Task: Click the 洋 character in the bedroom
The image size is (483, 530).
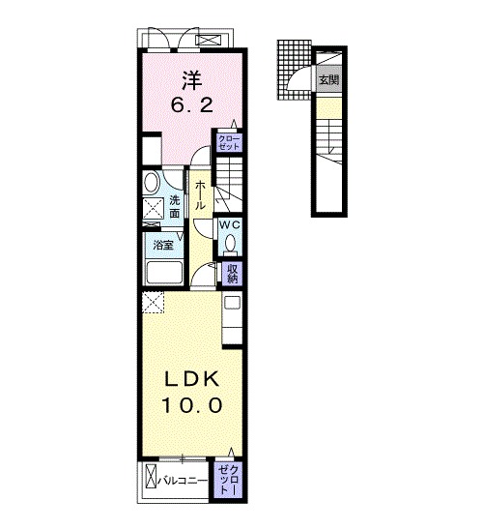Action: click(x=192, y=81)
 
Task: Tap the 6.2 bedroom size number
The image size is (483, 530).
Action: click(x=192, y=105)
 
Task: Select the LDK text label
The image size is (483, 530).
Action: click(x=191, y=379)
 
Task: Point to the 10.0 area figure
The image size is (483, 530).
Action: click(x=192, y=405)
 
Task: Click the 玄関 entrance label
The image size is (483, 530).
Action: click(x=328, y=80)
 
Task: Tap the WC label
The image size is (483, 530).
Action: click(x=230, y=224)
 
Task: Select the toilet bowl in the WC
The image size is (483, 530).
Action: click(x=231, y=244)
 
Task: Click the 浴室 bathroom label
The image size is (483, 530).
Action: click(x=163, y=245)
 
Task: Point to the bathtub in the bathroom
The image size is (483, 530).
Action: click(x=164, y=273)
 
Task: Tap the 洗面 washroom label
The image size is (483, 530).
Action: click(x=175, y=207)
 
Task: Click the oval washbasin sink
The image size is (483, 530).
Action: click(x=152, y=182)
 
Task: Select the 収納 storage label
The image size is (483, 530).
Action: click(x=232, y=273)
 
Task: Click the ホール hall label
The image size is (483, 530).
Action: click(x=200, y=194)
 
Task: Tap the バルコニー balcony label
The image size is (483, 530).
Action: click(x=183, y=481)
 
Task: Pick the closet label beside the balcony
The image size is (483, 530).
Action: click(x=228, y=480)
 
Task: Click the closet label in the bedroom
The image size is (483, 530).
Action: click(x=229, y=142)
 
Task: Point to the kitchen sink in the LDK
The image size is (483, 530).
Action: click(x=232, y=302)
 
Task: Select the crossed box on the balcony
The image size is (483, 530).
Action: click(x=151, y=476)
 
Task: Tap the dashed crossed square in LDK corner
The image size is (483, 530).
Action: click(x=153, y=303)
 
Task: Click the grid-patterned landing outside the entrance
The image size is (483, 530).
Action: click(x=294, y=70)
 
